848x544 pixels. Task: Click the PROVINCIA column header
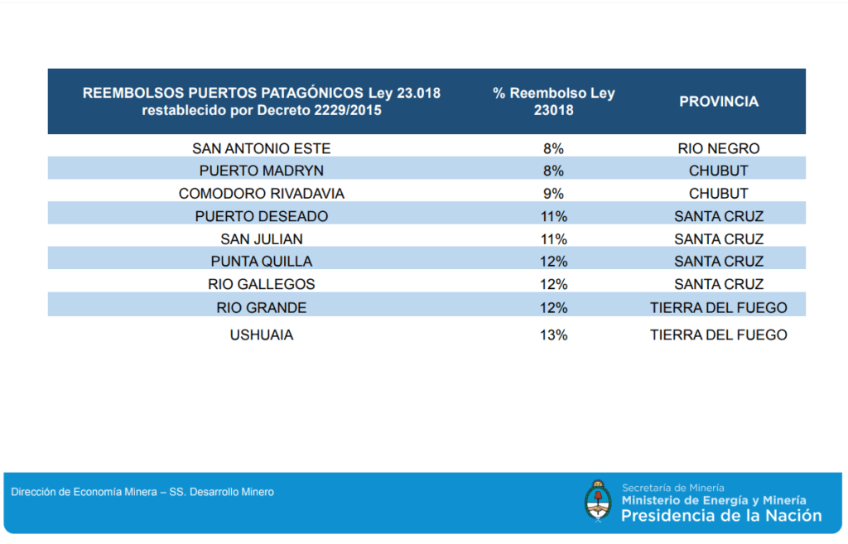tap(719, 102)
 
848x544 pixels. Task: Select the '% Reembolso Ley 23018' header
tap(554, 101)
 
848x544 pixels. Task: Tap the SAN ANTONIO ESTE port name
tap(261, 149)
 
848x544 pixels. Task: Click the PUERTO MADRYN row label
tap(261, 171)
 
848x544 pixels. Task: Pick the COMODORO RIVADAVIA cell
tap(261, 194)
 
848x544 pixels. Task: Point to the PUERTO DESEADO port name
tap(261, 216)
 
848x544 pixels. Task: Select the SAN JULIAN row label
tap(261, 239)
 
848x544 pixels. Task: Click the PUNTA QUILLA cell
tap(261, 262)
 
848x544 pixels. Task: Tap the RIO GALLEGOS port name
tap(261, 284)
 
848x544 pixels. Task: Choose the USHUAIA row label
tap(261, 335)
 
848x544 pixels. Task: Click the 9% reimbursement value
tap(553, 194)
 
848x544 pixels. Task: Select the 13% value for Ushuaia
tap(553, 335)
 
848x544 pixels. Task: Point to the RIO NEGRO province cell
tap(718, 149)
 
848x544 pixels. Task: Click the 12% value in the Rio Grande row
tap(553, 308)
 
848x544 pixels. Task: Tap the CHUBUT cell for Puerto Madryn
tap(718, 171)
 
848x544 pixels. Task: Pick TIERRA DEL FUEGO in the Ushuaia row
tap(718, 335)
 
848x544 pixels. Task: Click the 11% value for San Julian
tap(553, 239)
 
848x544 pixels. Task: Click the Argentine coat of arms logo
tap(598, 501)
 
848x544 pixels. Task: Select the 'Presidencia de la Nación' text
tap(721, 516)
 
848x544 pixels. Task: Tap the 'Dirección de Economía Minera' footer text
tap(83, 492)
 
